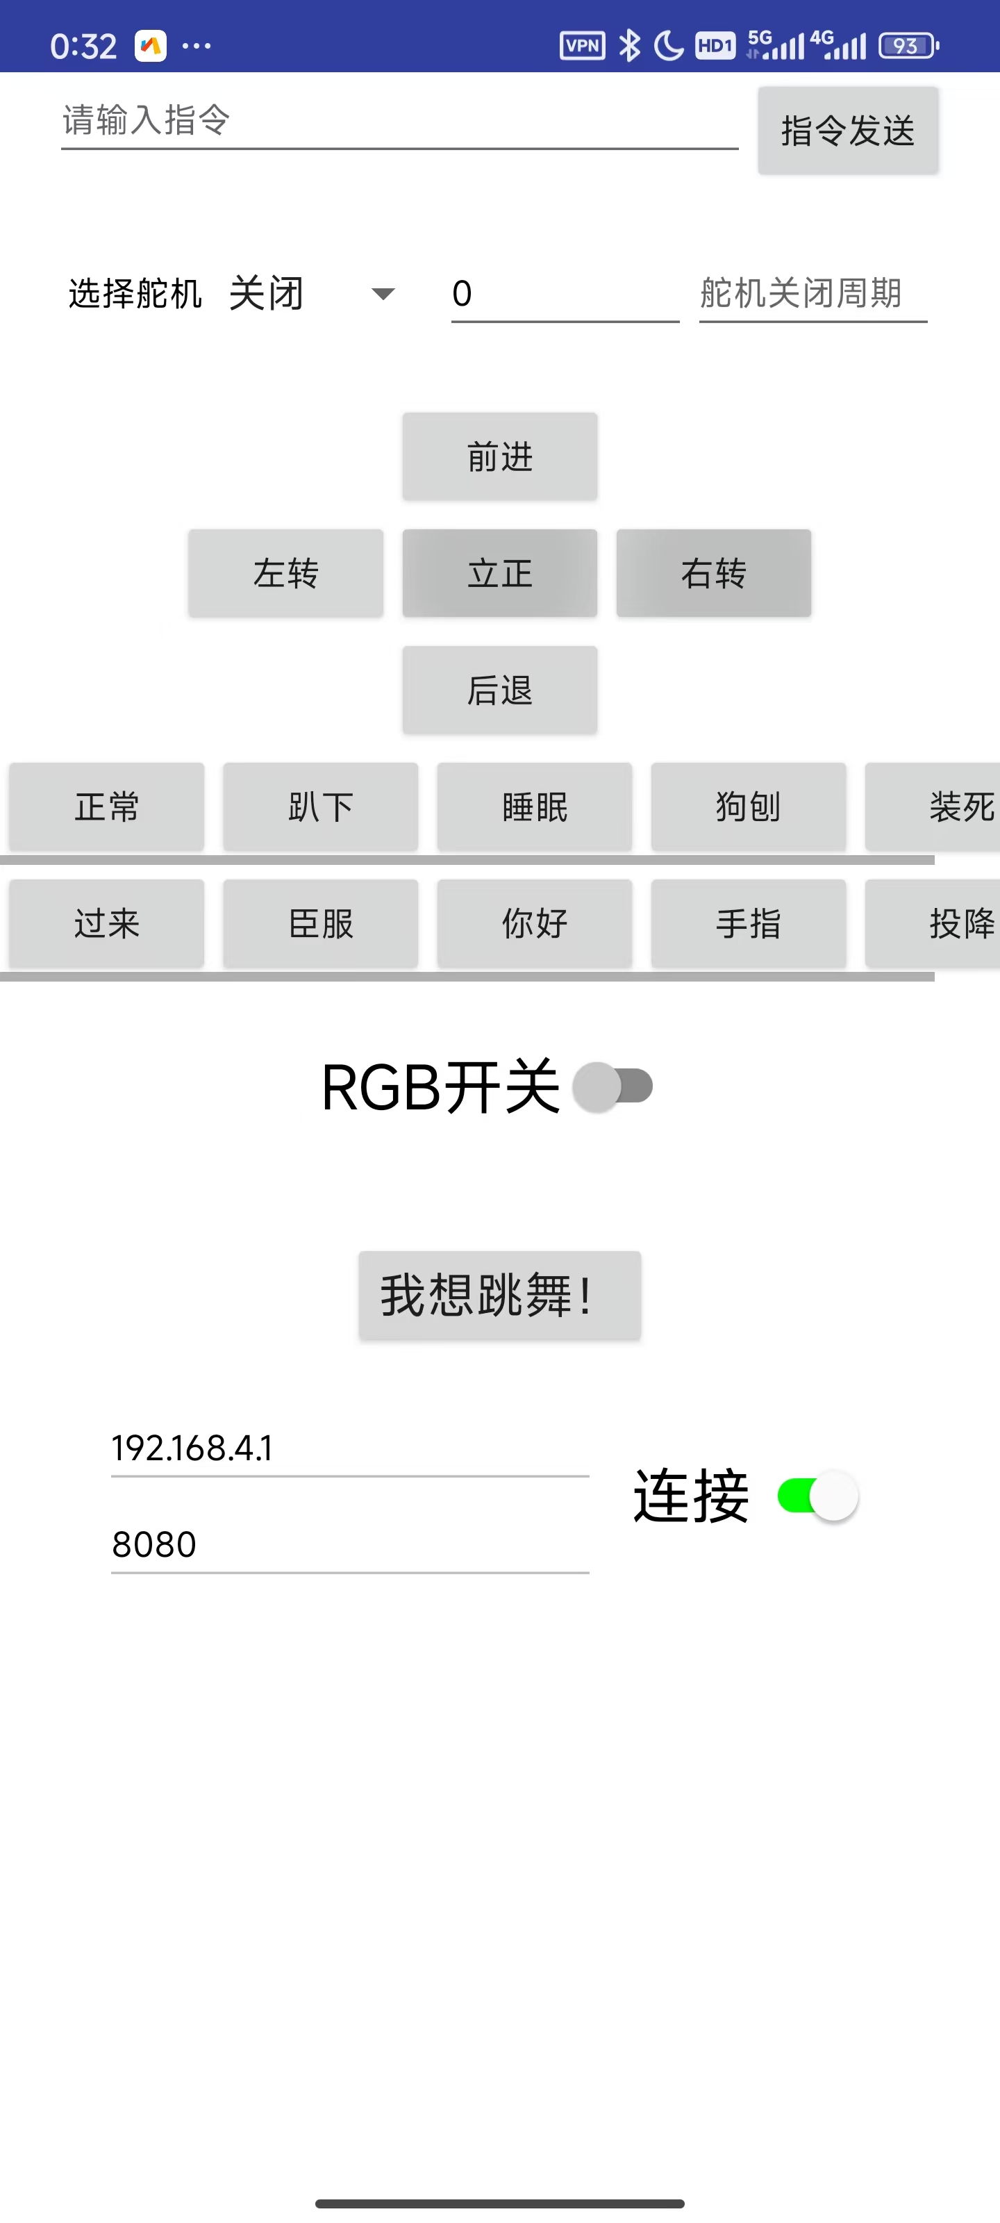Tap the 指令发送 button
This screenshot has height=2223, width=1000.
[x=847, y=131]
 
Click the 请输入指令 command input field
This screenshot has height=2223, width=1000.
[x=399, y=121]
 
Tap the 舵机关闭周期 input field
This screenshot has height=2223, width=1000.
[x=812, y=295]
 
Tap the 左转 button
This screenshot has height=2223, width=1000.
[x=285, y=573]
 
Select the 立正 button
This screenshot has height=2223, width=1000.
[x=499, y=573]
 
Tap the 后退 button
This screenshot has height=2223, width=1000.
[x=499, y=690]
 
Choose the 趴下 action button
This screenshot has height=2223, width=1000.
[x=320, y=807]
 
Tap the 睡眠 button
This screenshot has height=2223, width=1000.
[x=534, y=807]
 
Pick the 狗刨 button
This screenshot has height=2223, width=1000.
[x=748, y=807]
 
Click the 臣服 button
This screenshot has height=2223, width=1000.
[x=320, y=923]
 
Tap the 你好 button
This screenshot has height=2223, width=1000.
[x=534, y=923]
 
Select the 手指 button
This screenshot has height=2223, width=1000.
[x=748, y=923]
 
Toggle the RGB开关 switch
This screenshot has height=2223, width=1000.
[x=612, y=1086]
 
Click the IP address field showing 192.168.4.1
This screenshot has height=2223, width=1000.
[x=349, y=1448]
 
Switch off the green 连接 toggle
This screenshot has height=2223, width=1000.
[x=817, y=1496]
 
